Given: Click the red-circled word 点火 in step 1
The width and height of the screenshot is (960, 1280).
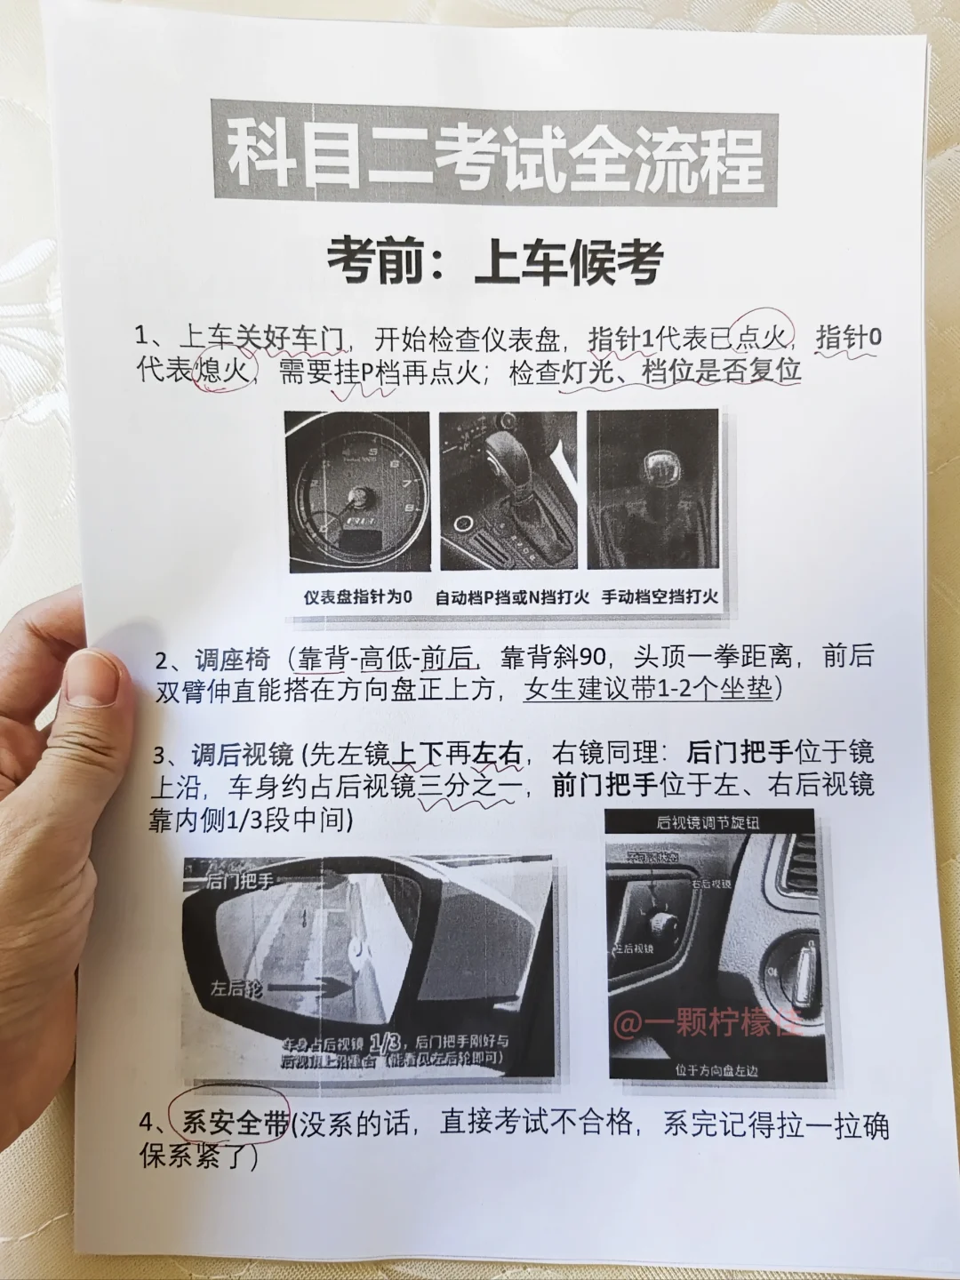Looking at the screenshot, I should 763,338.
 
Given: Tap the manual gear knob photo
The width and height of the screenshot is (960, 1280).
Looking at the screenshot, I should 652,488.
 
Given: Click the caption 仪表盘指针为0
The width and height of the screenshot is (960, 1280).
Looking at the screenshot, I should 358,597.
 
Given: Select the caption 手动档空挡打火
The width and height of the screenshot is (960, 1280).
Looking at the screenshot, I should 660,596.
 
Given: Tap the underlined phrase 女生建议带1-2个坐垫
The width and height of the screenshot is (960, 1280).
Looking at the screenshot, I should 650,690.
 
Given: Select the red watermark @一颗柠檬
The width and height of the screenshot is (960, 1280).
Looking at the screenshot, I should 707,1022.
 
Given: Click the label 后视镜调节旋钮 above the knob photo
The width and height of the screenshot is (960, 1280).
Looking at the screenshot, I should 708,821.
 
